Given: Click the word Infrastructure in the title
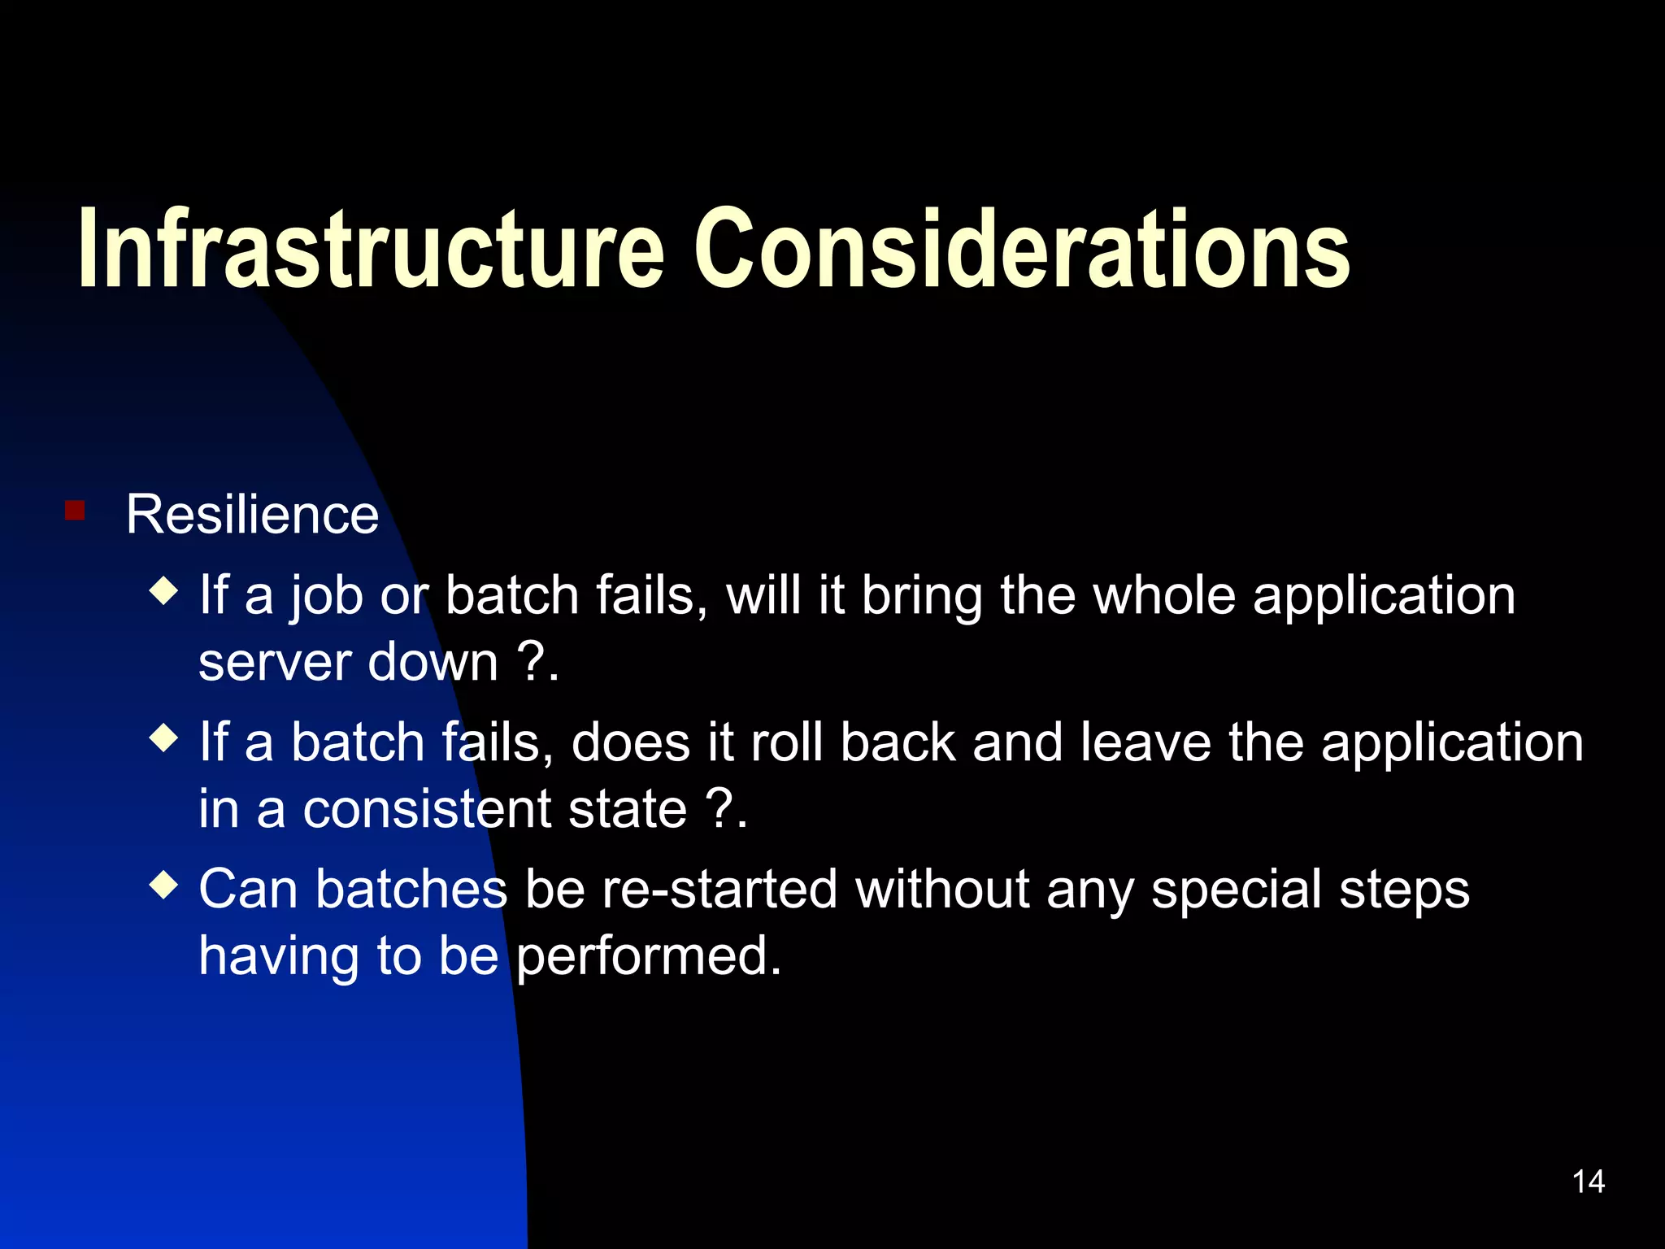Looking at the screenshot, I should pyautogui.click(x=371, y=248).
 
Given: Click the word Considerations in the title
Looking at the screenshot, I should pyautogui.click(x=1021, y=248).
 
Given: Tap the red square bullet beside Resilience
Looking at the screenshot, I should pyautogui.click(x=75, y=511).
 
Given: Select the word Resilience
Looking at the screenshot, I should pyautogui.click(x=252, y=515).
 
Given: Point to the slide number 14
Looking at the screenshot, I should pyautogui.click(x=1588, y=1182).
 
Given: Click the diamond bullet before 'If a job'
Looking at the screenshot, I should pyautogui.click(x=164, y=591).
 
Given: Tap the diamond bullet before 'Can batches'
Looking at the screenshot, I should pyautogui.click(x=164, y=885).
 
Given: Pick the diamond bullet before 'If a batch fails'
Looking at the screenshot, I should pyautogui.click(x=164, y=738).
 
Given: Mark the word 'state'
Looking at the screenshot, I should pyautogui.click(x=628, y=810).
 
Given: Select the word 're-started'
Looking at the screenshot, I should pyautogui.click(x=719, y=889).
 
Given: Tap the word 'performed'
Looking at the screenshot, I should pyautogui.click(x=648, y=956).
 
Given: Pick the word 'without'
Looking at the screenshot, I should pyautogui.click(x=943, y=889).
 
